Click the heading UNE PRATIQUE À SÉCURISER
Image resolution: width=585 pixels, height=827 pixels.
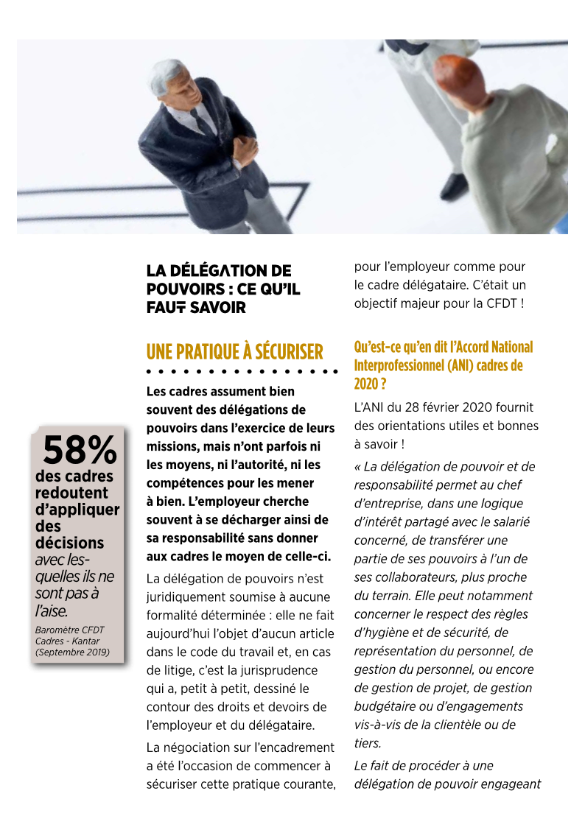pos(234,352)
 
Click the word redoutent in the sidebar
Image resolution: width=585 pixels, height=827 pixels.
pos(71,493)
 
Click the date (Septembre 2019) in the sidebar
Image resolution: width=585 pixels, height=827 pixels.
pos(72,652)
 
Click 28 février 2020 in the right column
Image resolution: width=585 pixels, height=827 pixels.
pos(451,407)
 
